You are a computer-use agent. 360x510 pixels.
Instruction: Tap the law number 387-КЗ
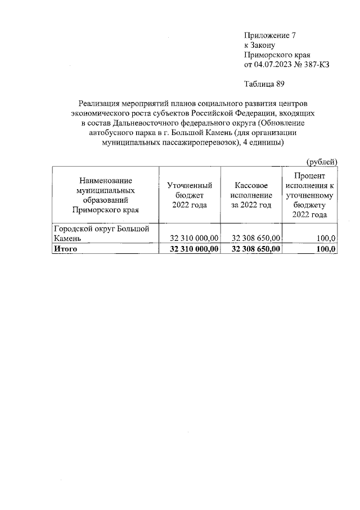coord(316,65)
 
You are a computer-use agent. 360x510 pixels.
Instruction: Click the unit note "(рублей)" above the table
coord(322,162)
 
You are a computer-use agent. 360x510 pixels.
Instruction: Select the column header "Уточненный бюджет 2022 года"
coord(190,195)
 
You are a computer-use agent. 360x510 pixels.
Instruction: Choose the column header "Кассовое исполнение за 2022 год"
coord(251,195)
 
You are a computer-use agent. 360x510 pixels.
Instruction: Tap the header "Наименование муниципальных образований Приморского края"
coord(106,195)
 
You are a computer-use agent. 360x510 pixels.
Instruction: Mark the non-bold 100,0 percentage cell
coord(327,239)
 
